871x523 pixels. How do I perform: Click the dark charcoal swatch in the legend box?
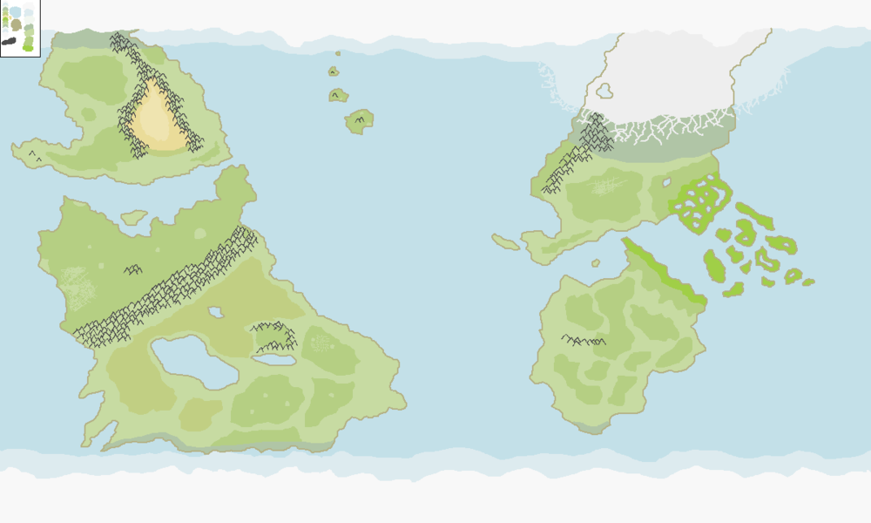9,41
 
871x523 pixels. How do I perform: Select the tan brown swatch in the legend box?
16,25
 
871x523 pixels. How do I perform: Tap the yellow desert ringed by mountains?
157,118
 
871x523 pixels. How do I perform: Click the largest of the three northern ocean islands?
359,121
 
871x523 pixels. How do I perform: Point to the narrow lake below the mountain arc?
273,358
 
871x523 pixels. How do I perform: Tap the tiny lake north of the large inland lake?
215,312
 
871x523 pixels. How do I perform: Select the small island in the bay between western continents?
134,217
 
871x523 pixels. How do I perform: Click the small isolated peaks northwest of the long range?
132,270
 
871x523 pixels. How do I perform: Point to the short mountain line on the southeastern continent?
583,340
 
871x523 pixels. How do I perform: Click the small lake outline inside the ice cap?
604,90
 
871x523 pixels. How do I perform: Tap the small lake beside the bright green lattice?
666,183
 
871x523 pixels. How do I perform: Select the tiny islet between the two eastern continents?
596,262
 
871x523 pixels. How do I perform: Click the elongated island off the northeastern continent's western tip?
505,241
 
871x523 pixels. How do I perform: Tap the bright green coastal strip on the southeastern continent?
666,270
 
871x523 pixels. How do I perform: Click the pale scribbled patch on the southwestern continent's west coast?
77,289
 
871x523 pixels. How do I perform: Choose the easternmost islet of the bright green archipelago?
808,282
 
